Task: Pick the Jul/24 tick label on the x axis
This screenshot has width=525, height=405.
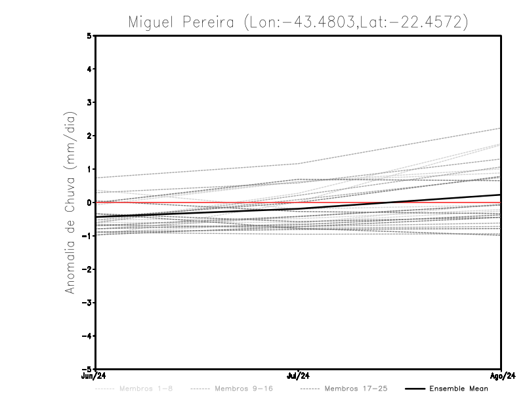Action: point(298,376)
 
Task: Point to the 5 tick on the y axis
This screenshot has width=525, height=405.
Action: point(89,36)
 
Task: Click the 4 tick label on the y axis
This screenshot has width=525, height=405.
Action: point(89,69)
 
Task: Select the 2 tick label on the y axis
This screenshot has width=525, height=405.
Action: point(89,136)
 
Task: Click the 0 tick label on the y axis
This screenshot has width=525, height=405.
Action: point(89,202)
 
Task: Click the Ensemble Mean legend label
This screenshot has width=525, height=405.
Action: point(459,389)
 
